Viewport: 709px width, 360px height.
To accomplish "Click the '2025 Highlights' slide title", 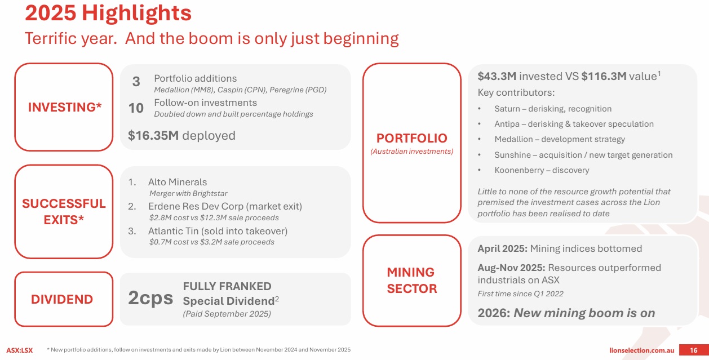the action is (108, 14).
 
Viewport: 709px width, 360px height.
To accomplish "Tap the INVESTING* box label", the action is (65, 107).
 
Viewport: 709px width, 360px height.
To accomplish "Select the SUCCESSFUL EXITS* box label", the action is (64, 212).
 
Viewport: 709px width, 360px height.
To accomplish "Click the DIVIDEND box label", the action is (62, 299).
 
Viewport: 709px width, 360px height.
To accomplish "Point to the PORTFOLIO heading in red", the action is (412, 138).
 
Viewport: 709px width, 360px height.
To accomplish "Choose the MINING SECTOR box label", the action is (412, 280).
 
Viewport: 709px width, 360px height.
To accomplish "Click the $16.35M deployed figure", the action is (181, 135).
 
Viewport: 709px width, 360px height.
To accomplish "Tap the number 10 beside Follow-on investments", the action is (136, 108).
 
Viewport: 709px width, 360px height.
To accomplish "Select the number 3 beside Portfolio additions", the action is (136, 82).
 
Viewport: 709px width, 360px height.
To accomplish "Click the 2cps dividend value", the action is (150, 298).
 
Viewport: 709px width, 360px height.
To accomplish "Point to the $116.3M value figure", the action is (604, 76).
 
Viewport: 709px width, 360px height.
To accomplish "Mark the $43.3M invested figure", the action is (497, 76).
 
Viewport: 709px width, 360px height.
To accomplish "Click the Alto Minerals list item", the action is (178, 182).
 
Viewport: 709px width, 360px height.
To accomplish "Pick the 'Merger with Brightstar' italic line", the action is (188, 193).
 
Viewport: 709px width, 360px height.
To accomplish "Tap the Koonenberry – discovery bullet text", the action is (542, 170).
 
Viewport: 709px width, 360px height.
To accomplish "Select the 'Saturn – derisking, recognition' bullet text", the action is (553, 109).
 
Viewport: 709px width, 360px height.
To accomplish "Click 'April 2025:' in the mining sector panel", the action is (503, 248).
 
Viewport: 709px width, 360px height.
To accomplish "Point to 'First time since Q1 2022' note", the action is (520, 294).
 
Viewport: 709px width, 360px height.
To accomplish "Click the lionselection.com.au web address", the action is (641, 350).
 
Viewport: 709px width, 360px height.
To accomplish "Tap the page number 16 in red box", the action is (693, 350).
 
